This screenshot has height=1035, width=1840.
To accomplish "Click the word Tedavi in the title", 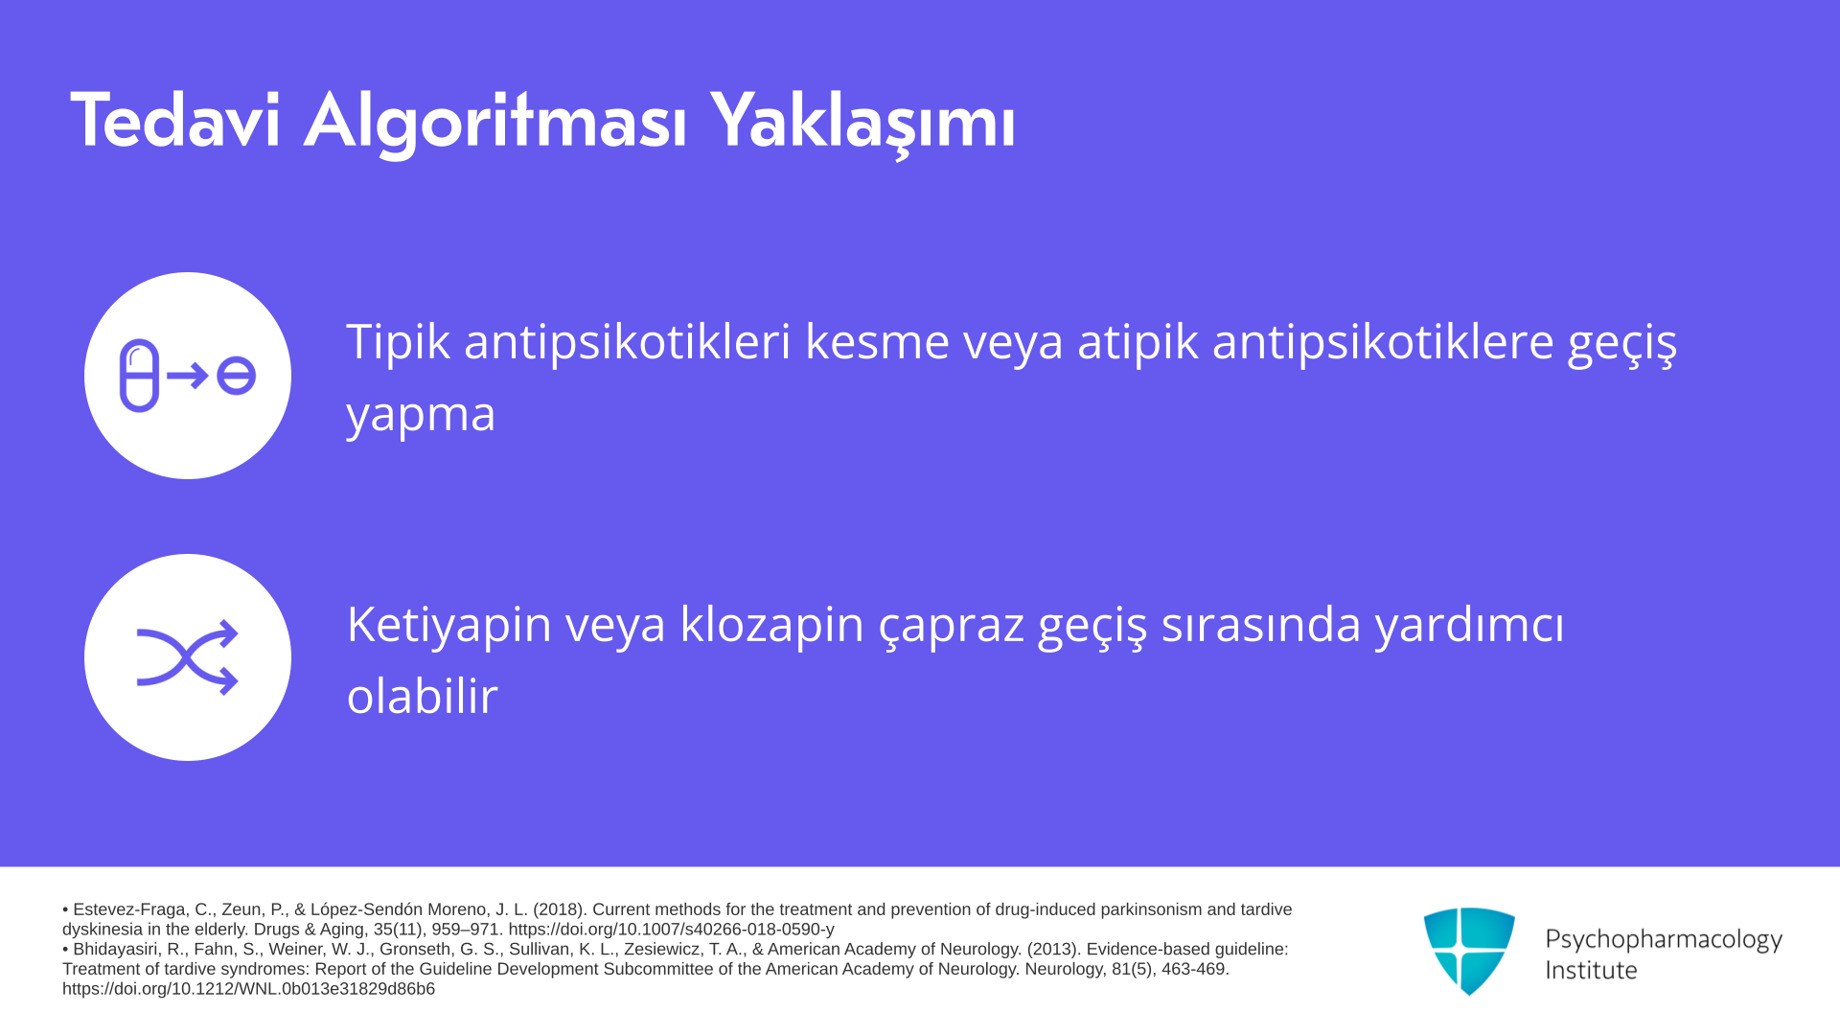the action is [x=175, y=121].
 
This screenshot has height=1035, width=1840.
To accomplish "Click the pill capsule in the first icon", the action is [x=139, y=376].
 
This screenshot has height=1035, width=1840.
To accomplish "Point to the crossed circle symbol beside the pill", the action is [x=236, y=376].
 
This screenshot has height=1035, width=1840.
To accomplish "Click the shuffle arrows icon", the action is [x=188, y=657].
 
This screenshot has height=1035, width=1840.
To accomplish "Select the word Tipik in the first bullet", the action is [x=398, y=342].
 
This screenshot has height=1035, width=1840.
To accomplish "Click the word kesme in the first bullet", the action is [x=877, y=341].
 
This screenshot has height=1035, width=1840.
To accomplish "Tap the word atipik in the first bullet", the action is [x=1138, y=342].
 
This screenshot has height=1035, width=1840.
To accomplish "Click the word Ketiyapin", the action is [x=449, y=625].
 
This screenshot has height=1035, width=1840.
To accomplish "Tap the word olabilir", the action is [x=423, y=696].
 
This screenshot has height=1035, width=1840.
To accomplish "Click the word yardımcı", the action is [x=1470, y=625].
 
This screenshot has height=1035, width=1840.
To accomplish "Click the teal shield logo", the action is [x=1469, y=952].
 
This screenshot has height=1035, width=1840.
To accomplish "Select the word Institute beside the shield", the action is [x=1591, y=970].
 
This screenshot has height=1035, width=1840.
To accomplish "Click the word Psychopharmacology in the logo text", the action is [x=1664, y=940].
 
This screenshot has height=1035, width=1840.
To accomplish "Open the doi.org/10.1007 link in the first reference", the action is [x=671, y=930].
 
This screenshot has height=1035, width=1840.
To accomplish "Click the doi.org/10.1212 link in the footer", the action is [x=248, y=989].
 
